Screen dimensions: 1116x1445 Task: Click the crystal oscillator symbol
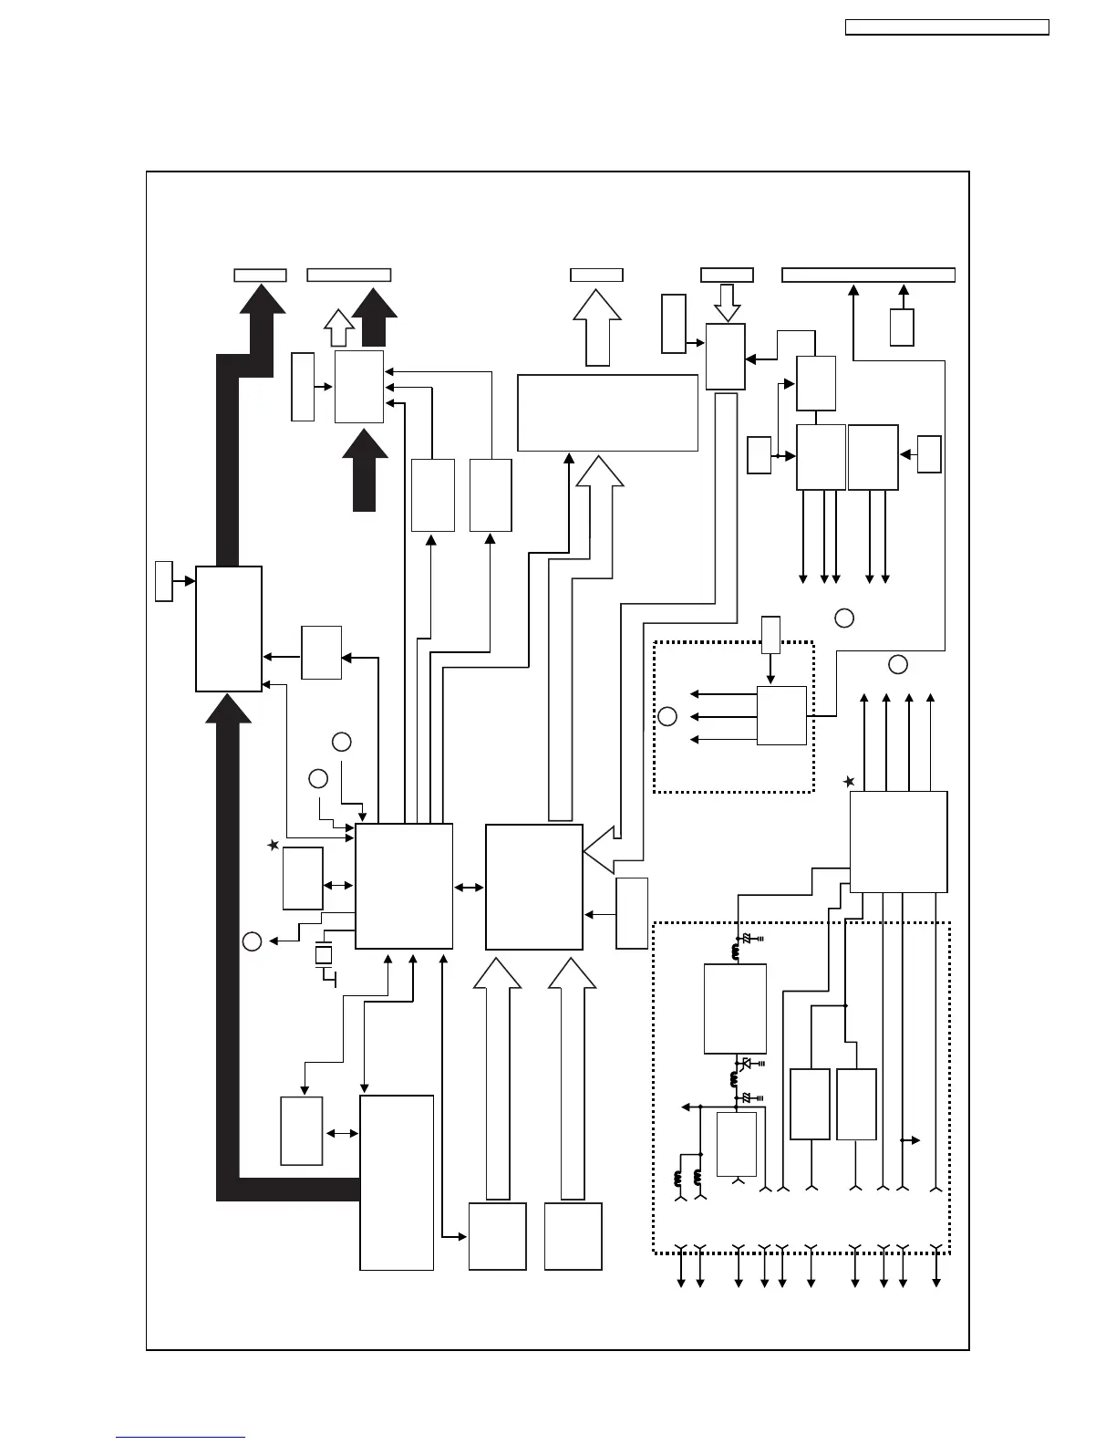coord(324,956)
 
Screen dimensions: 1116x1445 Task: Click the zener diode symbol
coord(747,1064)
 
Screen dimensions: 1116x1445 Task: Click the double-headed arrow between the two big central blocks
coord(469,887)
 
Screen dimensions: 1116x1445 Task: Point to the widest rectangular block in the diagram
coord(607,412)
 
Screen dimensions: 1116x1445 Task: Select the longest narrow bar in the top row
coord(868,275)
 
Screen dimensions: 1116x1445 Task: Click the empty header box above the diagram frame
coord(947,27)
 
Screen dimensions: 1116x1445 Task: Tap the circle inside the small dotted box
coord(667,716)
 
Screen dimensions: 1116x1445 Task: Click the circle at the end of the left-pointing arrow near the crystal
coord(253,941)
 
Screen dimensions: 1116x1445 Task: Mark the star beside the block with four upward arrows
coord(849,782)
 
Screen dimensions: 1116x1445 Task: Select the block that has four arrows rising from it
coord(898,841)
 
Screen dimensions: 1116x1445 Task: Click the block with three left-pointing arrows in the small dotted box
coord(781,715)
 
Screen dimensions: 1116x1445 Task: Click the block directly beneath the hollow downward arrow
coord(726,357)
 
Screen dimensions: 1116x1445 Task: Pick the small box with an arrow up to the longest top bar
coord(902,327)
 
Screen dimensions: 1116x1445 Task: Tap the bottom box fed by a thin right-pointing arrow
coord(497,1236)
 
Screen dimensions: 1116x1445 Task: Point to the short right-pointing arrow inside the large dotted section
coord(910,1140)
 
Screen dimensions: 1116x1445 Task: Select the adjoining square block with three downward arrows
coord(821,457)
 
